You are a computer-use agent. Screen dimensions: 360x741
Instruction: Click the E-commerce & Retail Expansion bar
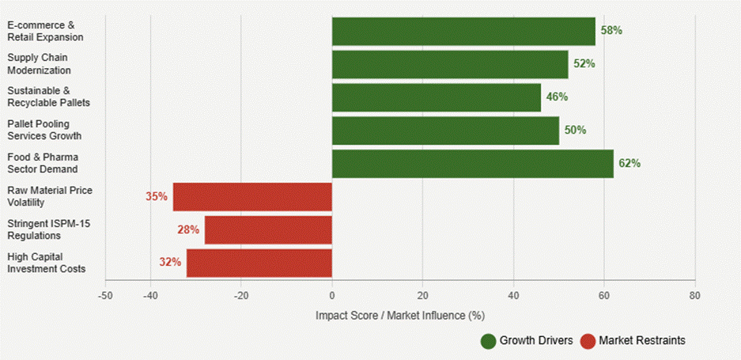tap(463, 31)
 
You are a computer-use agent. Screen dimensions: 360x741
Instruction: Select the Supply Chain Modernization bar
tap(450, 64)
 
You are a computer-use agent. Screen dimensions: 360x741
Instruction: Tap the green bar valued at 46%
tap(437, 97)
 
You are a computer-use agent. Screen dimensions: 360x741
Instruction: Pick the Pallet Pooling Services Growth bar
tap(445, 131)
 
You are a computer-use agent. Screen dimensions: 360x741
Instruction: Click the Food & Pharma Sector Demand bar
tap(472, 163)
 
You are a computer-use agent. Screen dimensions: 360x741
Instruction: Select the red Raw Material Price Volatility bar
tap(252, 196)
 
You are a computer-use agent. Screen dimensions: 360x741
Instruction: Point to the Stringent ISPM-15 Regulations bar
tap(268, 229)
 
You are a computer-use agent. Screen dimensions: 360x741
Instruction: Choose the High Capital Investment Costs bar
tap(259, 262)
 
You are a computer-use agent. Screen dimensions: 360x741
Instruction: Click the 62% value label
tap(629, 164)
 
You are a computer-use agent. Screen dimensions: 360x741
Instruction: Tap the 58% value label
tap(611, 31)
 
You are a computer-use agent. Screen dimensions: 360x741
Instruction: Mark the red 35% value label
tap(157, 196)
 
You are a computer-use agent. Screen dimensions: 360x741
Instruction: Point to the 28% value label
tap(188, 229)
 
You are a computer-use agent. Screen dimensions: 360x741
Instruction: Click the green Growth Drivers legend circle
tap(488, 341)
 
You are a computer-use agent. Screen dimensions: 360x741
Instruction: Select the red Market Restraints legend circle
tap(588, 341)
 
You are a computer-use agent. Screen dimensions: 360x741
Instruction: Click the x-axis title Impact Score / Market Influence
tap(399, 315)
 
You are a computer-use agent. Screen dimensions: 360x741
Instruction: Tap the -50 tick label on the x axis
tap(105, 295)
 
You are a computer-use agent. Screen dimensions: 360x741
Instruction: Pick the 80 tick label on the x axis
tap(694, 295)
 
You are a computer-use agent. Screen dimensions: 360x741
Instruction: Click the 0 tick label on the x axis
tap(332, 295)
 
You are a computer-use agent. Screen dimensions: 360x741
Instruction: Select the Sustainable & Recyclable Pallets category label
tap(48, 97)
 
